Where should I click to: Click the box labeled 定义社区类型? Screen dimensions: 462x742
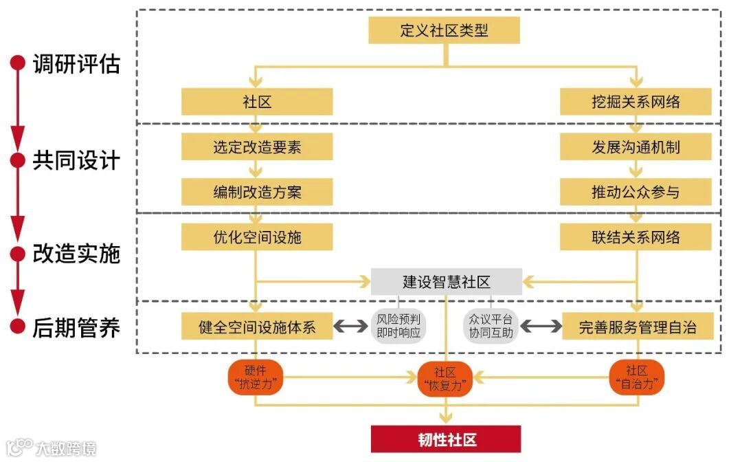[444, 30]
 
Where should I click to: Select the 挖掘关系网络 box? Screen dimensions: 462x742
[636, 102]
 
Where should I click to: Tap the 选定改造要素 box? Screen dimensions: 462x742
[257, 147]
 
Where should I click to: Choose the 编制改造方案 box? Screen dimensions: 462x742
[257, 192]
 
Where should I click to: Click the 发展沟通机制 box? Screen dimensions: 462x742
[636, 147]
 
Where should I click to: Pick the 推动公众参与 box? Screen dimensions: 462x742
[636, 192]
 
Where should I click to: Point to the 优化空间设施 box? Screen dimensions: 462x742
[257, 237]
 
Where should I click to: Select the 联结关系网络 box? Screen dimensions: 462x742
[636, 237]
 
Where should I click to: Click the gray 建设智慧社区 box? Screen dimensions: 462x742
[446, 282]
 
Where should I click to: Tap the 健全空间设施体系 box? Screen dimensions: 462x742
[257, 327]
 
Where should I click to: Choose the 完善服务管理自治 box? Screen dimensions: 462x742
[637, 327]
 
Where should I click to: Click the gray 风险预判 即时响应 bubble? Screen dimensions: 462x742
[398, 327]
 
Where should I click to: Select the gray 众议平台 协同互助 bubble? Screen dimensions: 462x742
[491, 327]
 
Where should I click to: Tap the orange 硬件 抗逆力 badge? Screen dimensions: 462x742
[256, 377]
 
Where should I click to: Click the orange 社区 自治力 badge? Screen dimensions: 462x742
[637, 377]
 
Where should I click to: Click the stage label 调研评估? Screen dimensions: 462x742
[76, 64]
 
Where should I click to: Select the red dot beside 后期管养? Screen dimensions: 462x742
[17, 327]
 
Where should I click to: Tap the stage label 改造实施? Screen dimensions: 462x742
[76, 254]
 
